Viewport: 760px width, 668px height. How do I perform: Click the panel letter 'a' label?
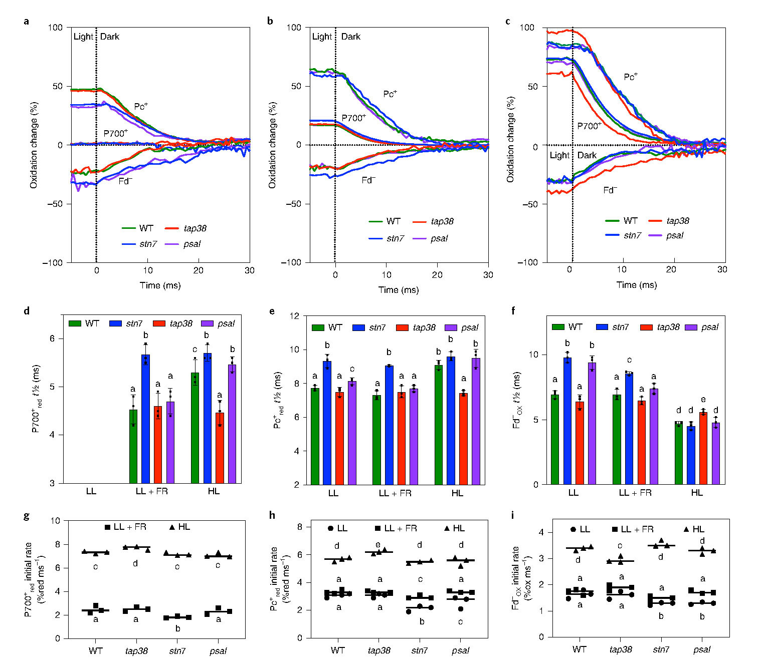pyautogui.click(x=26, y=22)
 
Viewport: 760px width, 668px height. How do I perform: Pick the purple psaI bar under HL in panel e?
pyautogui.click(x=476, y=421)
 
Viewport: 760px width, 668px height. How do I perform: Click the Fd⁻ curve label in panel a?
pyautogui.click(x=125, y=181)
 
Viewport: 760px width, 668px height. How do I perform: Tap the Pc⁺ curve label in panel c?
pyautogui.click(x=631, y=77)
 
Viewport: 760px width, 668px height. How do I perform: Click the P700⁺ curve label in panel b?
pyautogui.click(x=353, y=118)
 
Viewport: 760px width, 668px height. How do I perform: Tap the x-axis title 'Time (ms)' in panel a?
pyautogui.click(x=160, y=285)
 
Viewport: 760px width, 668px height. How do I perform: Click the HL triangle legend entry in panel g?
pyautogui.click(x=179, y=527)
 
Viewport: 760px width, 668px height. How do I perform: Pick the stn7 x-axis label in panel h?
pyautogui.click(x=420, y=650)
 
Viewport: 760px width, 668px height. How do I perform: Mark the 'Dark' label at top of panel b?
pyautogui.click(x=351, y=37)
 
